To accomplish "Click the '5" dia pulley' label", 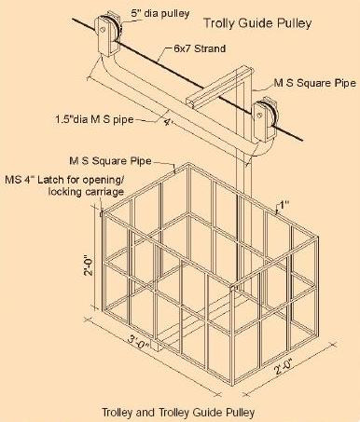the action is click(159, 13).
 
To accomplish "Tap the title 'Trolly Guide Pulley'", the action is click(257, 23).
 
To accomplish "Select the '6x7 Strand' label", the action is click(200, 48).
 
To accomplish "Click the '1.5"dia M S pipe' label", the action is click(94, 119).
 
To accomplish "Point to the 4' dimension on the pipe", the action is click(168, 122).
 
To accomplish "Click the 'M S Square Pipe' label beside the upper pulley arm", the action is click(314, 83).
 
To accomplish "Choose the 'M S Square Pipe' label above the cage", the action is click(110, 161).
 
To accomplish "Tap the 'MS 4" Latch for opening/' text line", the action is click(64, 180).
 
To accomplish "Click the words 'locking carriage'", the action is click(86, 192).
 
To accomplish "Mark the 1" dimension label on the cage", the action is click(284, 205).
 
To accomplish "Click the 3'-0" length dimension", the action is click(139, 341).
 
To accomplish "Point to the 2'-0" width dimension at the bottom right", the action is click(284, 365).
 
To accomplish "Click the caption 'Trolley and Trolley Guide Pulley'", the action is click(178, 413).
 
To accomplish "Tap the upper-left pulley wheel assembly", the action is click(107, 34).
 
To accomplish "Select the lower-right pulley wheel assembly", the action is click(265, 119).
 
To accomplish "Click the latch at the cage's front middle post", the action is click(234, 287).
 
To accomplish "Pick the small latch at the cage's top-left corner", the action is click(101, 214).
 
